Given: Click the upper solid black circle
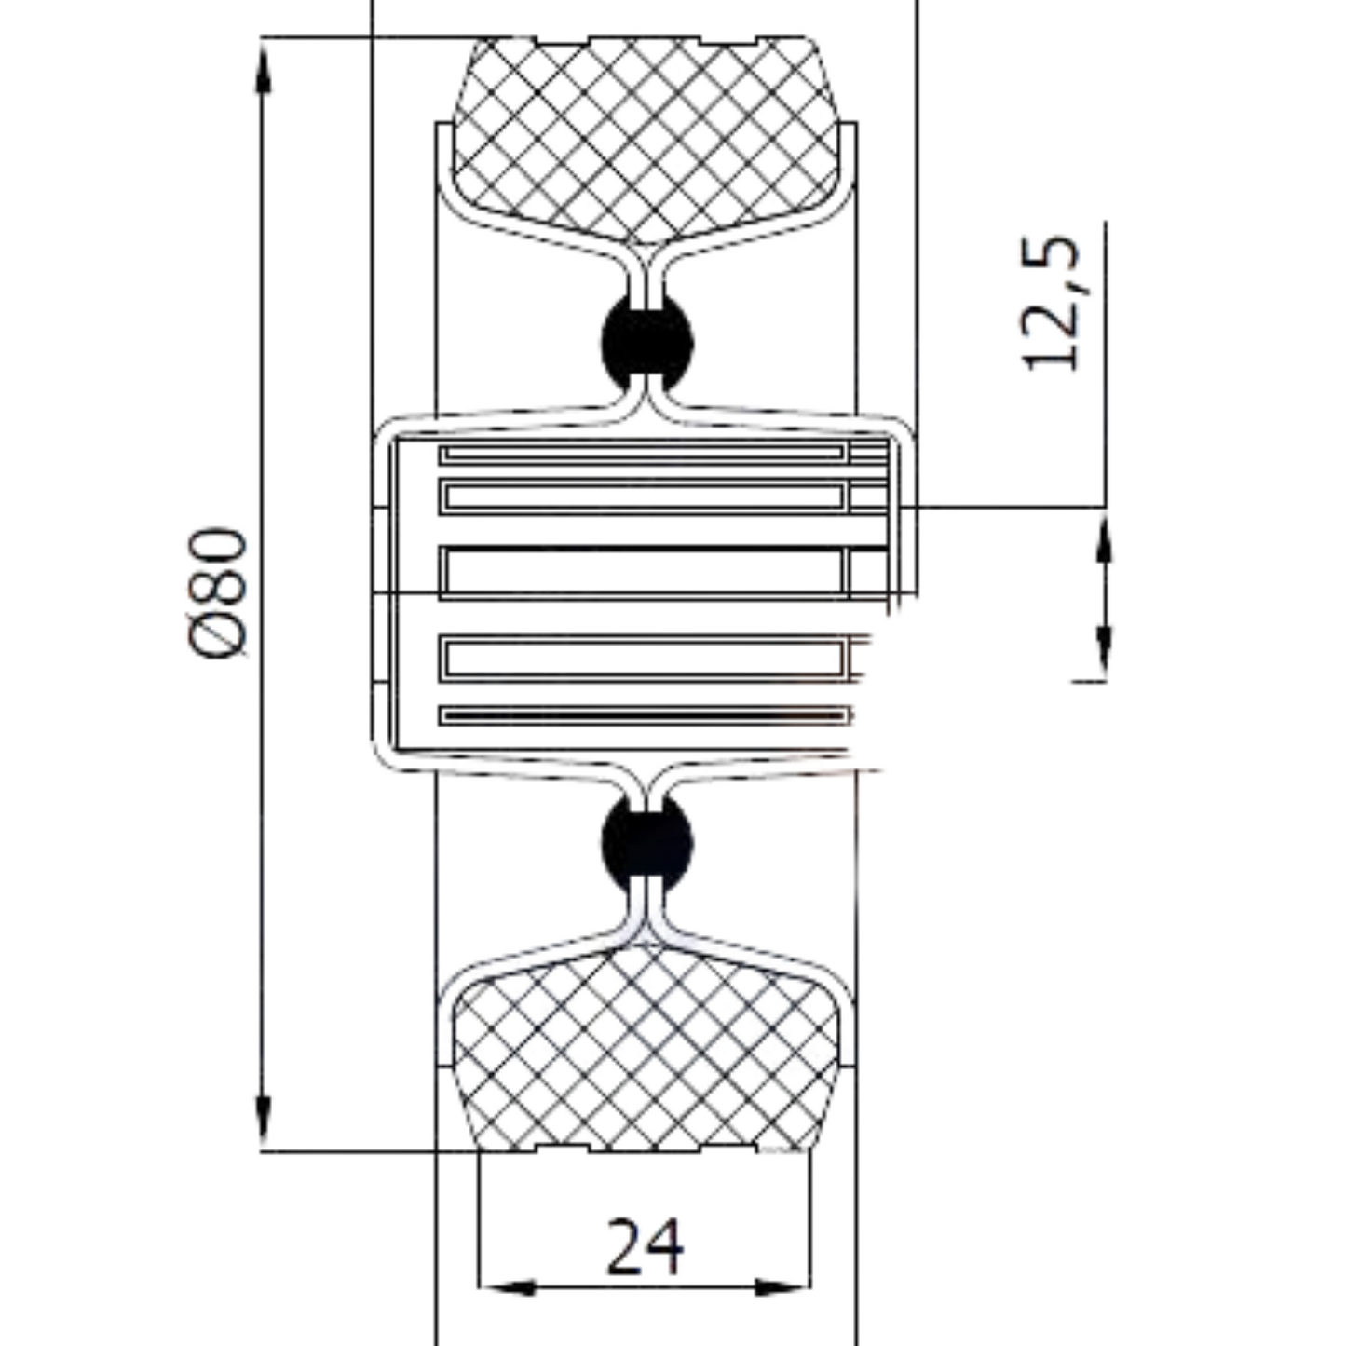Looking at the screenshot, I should click(x=647, y=342).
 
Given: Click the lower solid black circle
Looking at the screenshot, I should click(x=647, y=842).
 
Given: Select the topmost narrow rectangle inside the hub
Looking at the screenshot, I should click(x=643, y=454).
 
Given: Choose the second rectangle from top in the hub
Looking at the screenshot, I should click(x=643, y=497).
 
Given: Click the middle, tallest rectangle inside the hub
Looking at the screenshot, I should click(x=643, y=571).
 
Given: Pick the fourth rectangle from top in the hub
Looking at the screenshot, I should click(x=643, y=659).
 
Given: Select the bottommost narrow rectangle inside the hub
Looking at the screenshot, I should click(x=643, y=715).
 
